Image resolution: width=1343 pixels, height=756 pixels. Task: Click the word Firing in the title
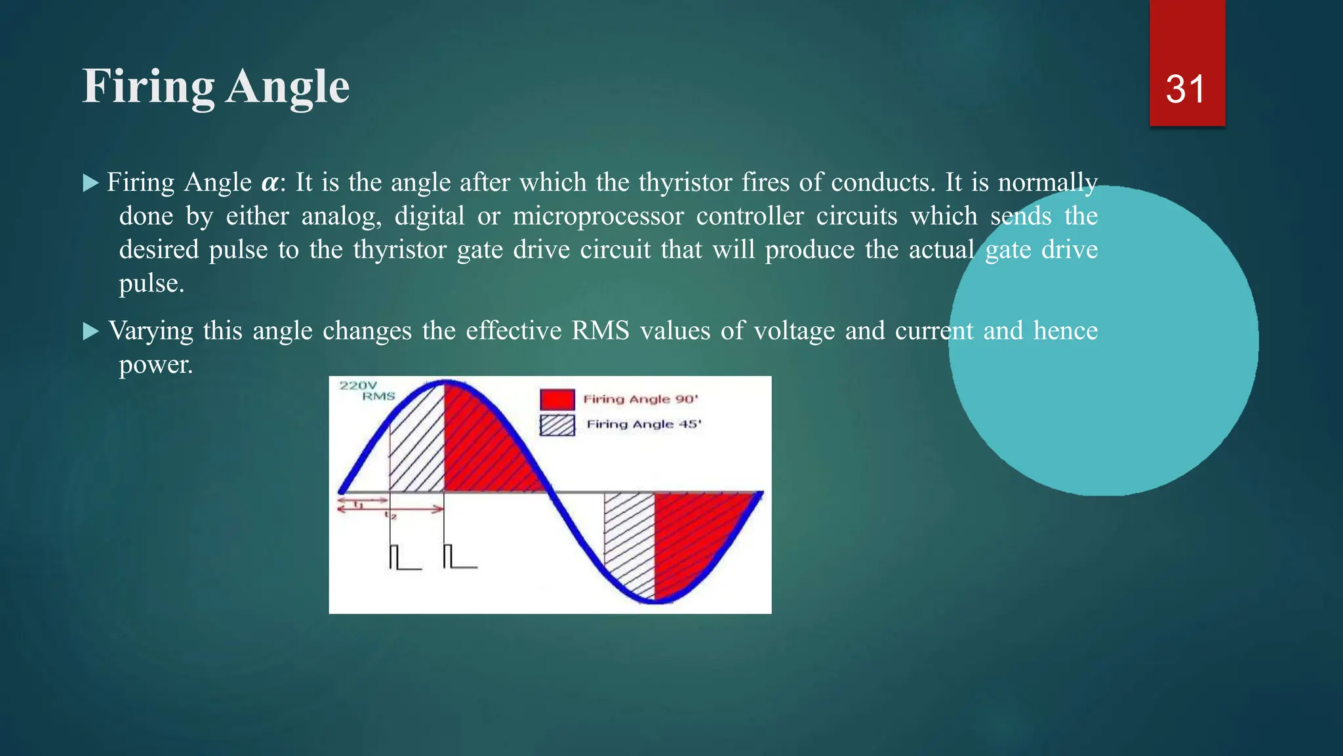click(148, 87)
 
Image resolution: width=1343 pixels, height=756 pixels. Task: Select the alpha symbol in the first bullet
click(269, 183)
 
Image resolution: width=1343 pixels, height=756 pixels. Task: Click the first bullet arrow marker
click(90, 183)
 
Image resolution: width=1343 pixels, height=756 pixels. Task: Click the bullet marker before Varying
click(90, 331)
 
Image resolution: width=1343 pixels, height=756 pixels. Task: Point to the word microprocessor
click(597, 216)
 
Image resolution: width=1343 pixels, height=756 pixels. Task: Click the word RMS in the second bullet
click(599, 331)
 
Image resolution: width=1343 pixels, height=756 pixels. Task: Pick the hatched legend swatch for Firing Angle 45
click(557, 425)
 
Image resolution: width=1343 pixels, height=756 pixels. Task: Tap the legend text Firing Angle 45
click(643, 425)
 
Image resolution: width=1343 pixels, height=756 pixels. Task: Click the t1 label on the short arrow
click(358, 504)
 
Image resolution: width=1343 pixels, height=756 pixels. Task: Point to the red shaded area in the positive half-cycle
click(485, 446)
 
